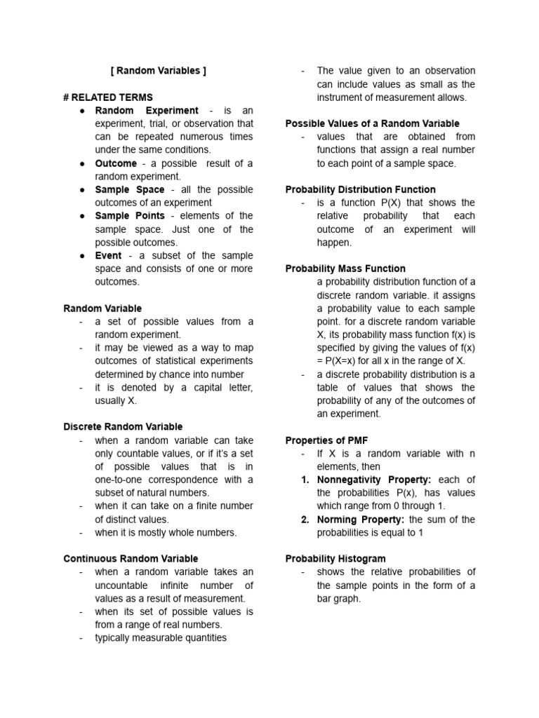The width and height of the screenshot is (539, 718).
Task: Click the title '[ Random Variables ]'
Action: [159, 71]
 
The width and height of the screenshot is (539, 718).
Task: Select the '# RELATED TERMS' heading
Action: [108, 97]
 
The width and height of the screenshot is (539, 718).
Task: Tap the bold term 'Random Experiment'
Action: [147, 111]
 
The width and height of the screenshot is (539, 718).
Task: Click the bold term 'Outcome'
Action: [116, 163]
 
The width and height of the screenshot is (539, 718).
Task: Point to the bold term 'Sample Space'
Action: [130, 190]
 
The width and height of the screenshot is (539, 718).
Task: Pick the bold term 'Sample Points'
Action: [130, 216]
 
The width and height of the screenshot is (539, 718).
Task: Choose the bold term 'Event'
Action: [108, 256]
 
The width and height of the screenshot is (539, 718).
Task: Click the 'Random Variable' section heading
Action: [102, 309]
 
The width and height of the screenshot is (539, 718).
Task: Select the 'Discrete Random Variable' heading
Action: [123, 427]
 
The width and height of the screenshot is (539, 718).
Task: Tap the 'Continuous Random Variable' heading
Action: [131, 559]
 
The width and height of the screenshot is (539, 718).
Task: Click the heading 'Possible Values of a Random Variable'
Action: [372, 123]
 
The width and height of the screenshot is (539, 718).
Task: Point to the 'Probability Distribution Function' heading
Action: [360, 190]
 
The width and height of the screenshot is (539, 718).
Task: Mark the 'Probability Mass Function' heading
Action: [345, 269]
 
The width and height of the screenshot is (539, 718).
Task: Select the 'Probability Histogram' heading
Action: [335, 559]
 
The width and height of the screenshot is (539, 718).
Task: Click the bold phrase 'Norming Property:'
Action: [360, 520]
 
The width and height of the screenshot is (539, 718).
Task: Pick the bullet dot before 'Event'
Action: [83, 256]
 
